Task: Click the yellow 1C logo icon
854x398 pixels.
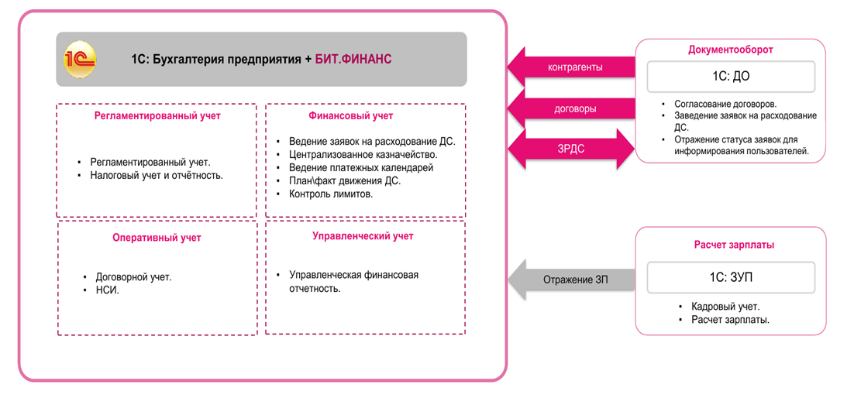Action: [x=80, y=60]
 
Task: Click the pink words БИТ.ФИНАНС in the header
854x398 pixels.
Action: [x=353, y=60]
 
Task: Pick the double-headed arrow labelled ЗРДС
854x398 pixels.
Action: [x=570, y=149]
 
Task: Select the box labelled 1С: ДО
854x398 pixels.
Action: [x=730, y=77]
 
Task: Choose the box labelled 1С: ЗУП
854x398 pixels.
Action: [x=730, y=276]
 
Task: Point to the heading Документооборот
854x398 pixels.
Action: [x=730, y=50]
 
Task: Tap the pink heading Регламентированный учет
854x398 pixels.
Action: [x=157, y=115]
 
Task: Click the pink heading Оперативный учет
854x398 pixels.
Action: [x=157, y=238]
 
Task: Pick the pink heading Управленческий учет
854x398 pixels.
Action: [x=363, y=235]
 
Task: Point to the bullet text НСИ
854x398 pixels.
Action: [x=107, y=290]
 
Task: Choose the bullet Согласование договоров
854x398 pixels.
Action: [x=725, y=104]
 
